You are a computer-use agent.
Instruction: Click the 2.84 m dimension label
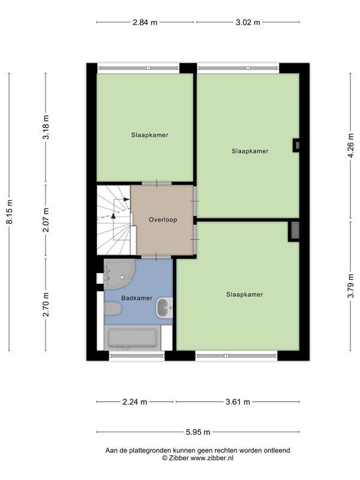pyautogui.click(x=145, y=22)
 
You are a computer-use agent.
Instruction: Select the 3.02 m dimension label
pyautogui.click(x=248, y=22)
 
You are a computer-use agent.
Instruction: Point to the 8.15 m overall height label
pyautogui.click(x=10, y=212)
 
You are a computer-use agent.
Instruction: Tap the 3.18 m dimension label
pyautogui.click(x=46, y=127)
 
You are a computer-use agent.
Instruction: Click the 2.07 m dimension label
pyautogui.click(x=46, y=220)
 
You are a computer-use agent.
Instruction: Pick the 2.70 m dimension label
pyautogui.click(x=46, y=304)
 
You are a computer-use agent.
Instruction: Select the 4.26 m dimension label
pyautogui.click(x=351, y=145)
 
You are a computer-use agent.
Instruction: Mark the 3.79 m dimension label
pyautogui.click(x=351, y=286)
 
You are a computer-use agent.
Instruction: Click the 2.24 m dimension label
pyautogui.click(x=134, y=402)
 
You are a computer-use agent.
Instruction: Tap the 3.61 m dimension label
pyautogui.click(x=238, y=402)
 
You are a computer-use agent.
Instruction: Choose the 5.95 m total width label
pyautogui.click(x=198, y=432)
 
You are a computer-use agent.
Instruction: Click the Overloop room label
pyautogui.click(x=163, y=220)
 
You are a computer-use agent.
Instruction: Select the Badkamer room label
pyautogui.click(x=137, y=298)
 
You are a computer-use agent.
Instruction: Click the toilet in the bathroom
pyautogui.click(x=113, y=308)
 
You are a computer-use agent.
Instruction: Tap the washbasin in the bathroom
pyautogui.click(x=164, y=308)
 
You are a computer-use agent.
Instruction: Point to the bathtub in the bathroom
pyautogui.click(x=132, y=338)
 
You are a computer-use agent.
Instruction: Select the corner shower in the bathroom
pyautogui.click(x=119, y=274)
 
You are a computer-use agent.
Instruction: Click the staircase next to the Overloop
pyautogui.click(x=114, y=220)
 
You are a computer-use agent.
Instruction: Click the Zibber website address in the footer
pyautogui.click(x=212, y=458)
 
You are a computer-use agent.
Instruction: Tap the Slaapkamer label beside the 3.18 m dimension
pyautogui.click(x=149, y=135)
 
